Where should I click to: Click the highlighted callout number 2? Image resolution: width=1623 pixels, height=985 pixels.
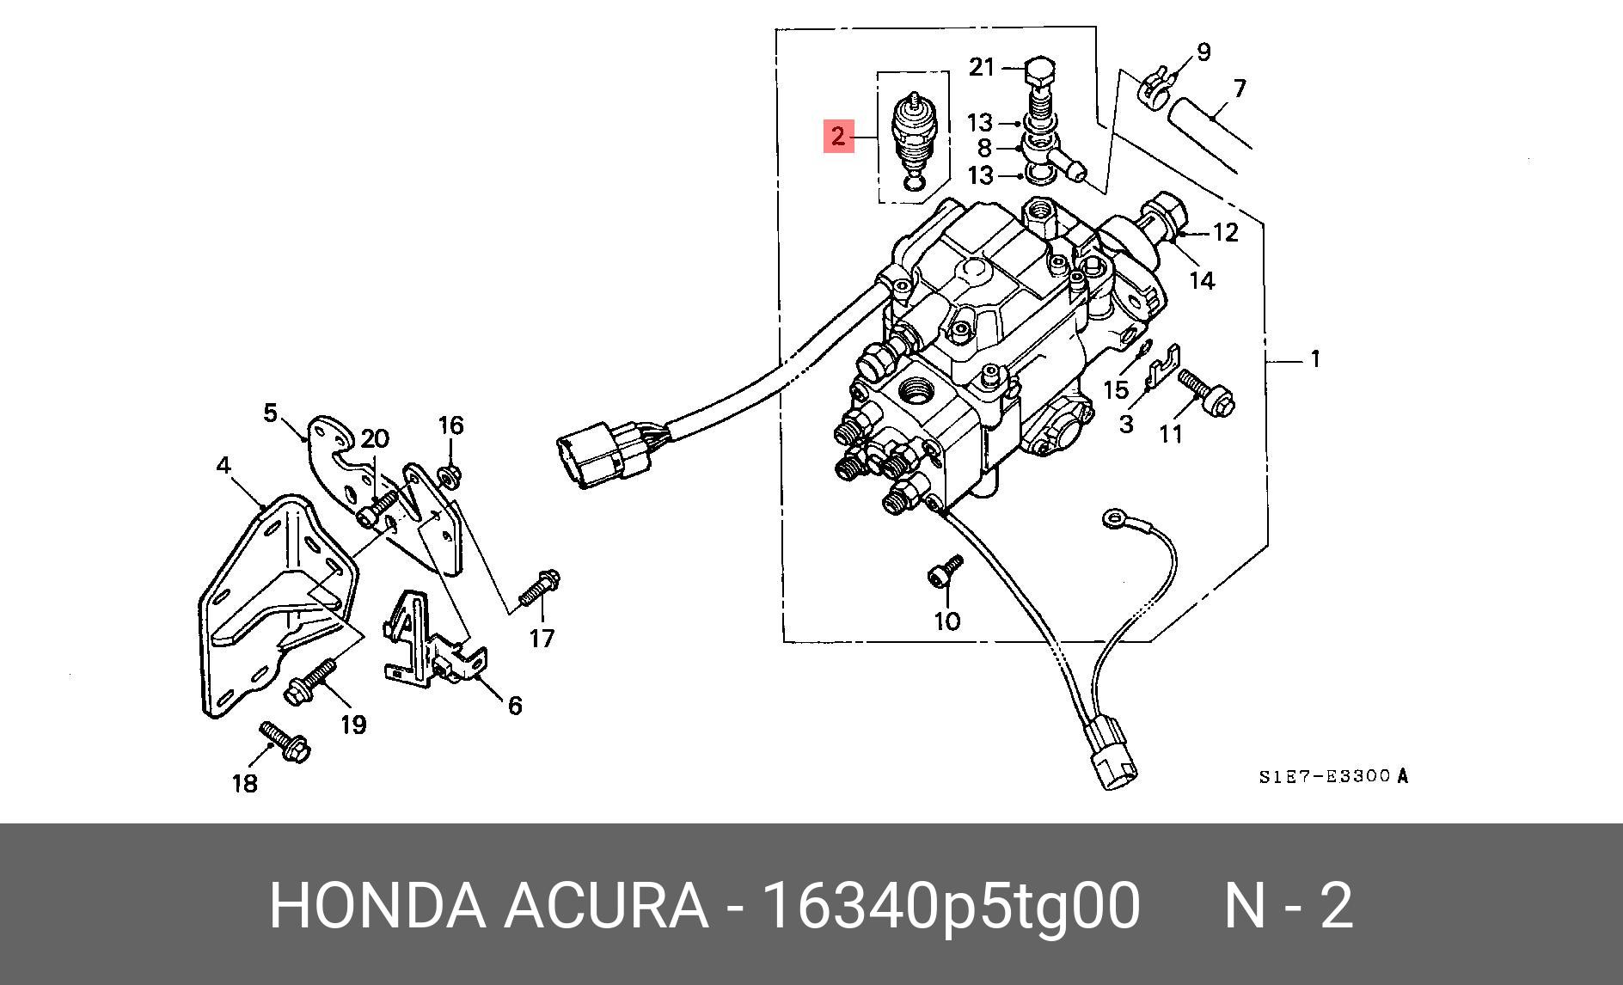(838, 136)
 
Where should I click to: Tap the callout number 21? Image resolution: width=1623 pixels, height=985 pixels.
(982, 67)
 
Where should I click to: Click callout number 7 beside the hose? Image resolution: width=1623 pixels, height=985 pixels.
(1239, 89)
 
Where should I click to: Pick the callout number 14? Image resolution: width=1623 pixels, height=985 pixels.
(1202, 280)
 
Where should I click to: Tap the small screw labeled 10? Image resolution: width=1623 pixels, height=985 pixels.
(946, 571)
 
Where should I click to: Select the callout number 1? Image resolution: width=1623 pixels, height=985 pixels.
(1314, 358)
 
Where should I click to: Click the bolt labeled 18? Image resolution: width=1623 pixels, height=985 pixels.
(285, 742)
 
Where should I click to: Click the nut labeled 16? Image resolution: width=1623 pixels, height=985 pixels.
(448, 474)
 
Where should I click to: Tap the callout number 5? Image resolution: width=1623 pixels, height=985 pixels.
(270, 413)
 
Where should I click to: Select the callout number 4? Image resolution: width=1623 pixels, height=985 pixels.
(224, 466)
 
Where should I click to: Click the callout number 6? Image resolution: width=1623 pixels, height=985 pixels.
(514, 706)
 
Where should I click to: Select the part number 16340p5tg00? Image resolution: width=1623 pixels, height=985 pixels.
(952, 905)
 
